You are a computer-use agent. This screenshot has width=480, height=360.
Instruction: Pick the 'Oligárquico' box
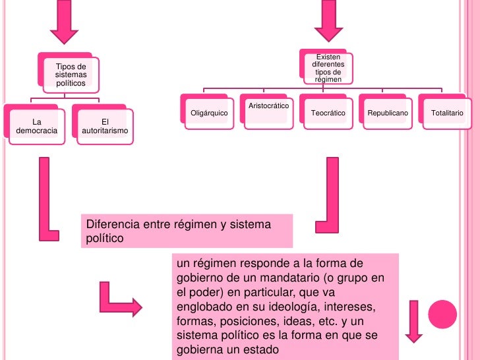point(209,113)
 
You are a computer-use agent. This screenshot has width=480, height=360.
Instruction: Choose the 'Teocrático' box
point(328,113)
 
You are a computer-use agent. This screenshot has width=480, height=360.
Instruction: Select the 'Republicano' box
point(388,113)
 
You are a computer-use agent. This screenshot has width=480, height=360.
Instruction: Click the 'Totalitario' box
point(447,113)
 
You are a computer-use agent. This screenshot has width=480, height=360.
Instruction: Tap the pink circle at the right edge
point(443,314)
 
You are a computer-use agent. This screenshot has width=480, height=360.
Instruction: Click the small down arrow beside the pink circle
point(414,321)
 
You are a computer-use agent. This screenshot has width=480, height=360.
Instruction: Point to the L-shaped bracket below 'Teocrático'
point(328,191)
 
